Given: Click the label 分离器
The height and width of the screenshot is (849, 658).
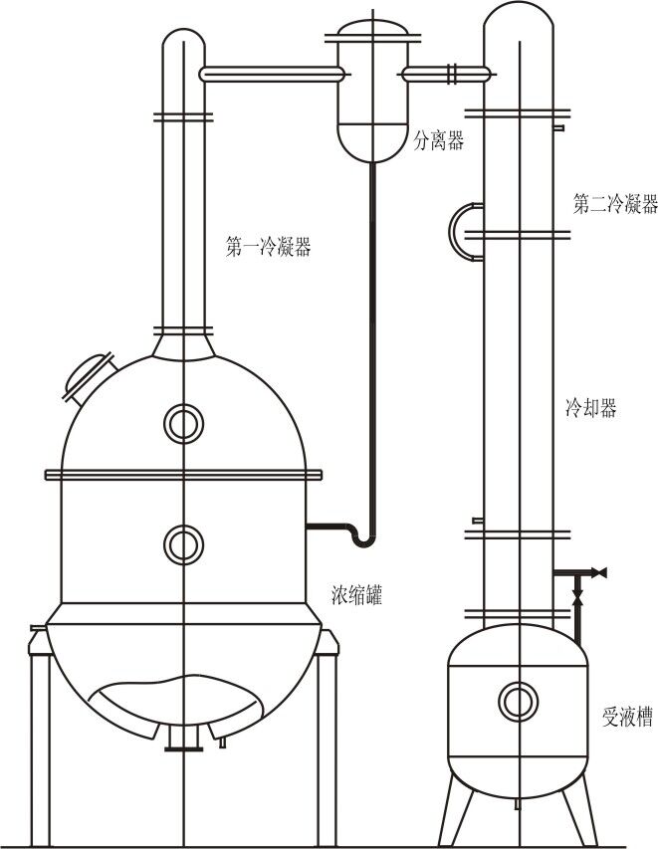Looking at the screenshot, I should click(439, 142).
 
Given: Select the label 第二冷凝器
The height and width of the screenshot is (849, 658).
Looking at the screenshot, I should click(615, 204).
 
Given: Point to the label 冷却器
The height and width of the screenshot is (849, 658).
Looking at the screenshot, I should click(590, 408).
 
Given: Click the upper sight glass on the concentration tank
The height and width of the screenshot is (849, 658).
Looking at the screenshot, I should click(184, 423).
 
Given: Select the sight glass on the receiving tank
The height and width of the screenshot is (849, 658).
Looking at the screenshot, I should click(518, 701).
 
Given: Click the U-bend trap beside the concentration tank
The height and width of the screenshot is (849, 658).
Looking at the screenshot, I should click(364, 537).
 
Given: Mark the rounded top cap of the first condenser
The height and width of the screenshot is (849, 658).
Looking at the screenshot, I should click(184, 45).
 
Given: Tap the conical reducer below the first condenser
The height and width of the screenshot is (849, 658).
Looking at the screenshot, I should click(184, 344).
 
